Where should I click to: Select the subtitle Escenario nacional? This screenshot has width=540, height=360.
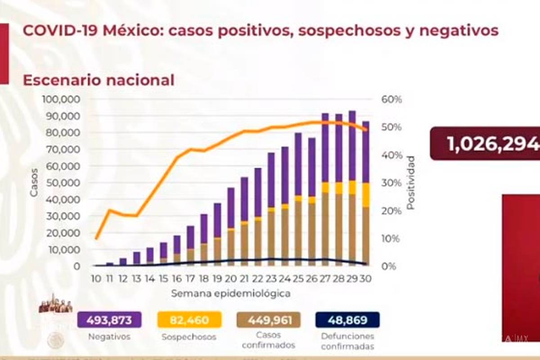pos(98,80)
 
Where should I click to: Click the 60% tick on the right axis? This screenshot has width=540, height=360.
pos(391,99)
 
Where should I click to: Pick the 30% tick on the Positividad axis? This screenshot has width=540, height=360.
pos(391,183)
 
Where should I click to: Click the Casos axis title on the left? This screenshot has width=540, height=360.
pos(34,182)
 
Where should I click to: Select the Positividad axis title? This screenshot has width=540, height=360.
pos(410,183)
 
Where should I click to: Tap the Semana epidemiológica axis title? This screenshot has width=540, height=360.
pos(230,294)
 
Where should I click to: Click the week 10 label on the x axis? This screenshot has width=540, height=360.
pos(95,279)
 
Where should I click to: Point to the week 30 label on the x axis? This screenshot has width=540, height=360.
pos(366,279)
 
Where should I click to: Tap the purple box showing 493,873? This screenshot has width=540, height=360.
pos(109,320)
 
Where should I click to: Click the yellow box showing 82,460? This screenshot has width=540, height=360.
pos(189,320)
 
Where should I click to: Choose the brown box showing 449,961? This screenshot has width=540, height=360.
pos(269,320)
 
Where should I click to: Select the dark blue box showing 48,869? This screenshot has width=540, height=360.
pos(347,320)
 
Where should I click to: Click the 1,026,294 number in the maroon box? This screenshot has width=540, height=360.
pos(493,144)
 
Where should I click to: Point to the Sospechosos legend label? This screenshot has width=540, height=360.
pos(189,337)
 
